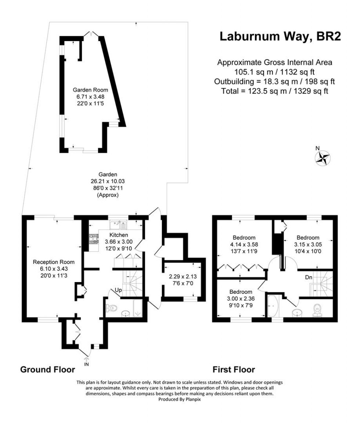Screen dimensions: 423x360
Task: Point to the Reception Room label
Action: tap(54, 262)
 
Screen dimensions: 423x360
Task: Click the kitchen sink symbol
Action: tap(118, 224)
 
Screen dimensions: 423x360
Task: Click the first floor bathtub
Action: tap(273, 306)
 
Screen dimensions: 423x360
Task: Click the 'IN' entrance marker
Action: tap(87, 364)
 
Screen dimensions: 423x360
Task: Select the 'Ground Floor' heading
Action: tap(47, 369)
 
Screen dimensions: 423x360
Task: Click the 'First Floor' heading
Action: tap(234, 369)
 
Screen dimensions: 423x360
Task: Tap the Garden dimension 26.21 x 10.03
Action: tap(108, 181)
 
